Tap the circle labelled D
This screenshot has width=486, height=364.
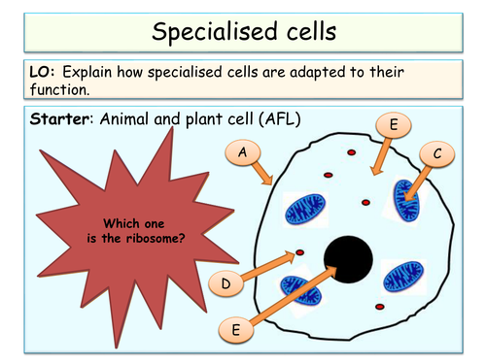click(x=225, y=283)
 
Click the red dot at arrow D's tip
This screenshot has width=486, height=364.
click(x=299, y=253)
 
